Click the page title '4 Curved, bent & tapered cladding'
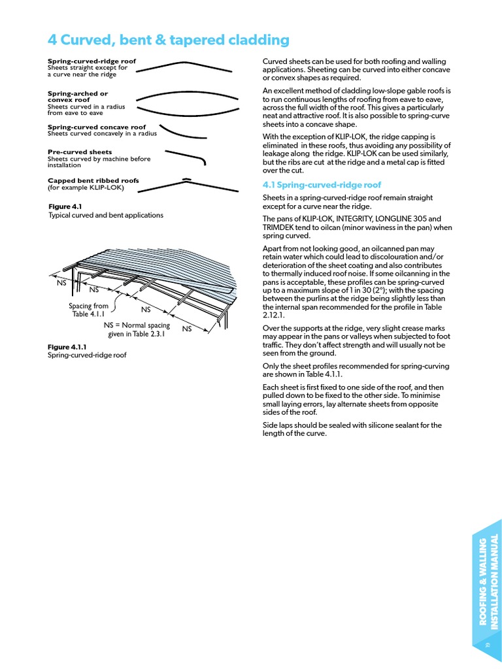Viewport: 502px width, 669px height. (x=168, y=40)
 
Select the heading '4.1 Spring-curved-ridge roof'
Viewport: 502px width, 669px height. (x=322, y=185)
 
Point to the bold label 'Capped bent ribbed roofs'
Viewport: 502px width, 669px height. (x=93, y=181)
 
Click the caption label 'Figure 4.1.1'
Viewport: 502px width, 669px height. (x=67, y=347)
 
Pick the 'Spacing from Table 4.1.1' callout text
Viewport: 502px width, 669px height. (x=89, y=310)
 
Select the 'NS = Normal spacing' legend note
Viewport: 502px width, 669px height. (x=137, y=325)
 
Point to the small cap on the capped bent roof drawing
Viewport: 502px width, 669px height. (x=186, y=178)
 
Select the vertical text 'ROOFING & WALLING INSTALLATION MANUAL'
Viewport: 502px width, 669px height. (x=490, y=582)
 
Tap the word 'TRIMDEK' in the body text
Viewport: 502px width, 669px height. (x=281, y=227)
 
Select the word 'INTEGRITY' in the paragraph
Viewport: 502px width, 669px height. (x=346, y=218)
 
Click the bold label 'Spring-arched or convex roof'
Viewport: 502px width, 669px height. (x=78, y=97)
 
